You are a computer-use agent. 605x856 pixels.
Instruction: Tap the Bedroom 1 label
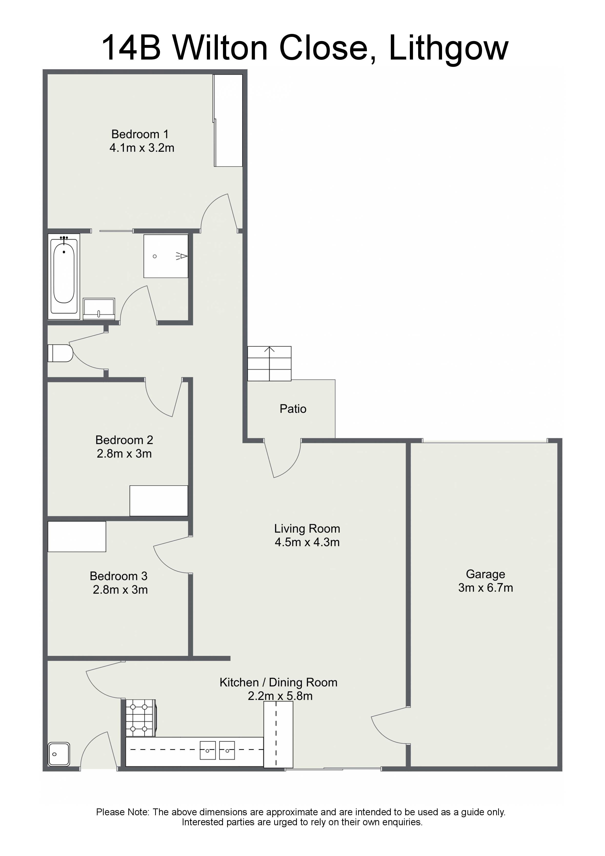click(x=140, y=134)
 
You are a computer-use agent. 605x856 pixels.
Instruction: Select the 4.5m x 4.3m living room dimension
click(x=307, y=542)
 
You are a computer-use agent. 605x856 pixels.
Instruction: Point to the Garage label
click(x=485, y=574)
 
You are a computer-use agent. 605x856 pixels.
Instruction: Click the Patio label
click(x=293, y=409)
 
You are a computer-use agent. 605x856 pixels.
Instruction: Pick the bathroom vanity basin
click(x=99, y=309)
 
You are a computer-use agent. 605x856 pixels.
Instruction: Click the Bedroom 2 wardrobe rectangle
click(x=159, y=501)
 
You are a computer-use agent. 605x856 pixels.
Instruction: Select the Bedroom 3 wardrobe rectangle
click(x=77, y=537)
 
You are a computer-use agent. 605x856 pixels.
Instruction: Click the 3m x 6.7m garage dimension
click(x=485, y=588)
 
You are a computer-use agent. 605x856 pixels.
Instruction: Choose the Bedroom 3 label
click(x=119, y=576)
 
